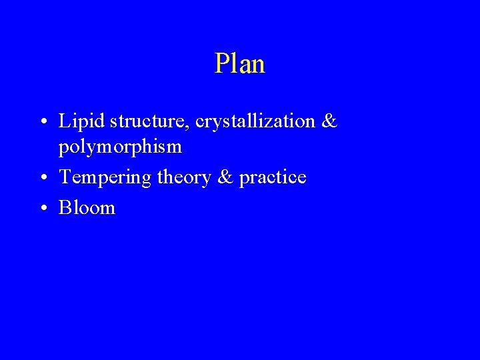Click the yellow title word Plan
pyautogui.click(x=240, y=64)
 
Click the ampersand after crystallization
pyautogui.click(x=329, y=122)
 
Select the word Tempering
pyautogui.click(x=97, y=178)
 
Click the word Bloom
pyautogui.click(x=87, y=208)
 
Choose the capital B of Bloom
pyautogui.click(x=65, y=208)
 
